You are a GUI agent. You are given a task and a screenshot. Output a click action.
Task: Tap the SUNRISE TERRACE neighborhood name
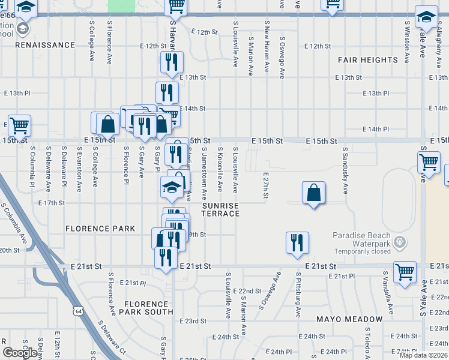220,209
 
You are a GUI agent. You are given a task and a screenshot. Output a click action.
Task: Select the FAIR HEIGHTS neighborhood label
367,60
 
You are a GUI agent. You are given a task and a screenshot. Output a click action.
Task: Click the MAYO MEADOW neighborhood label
349,319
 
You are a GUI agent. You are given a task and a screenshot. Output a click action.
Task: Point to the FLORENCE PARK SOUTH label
146,308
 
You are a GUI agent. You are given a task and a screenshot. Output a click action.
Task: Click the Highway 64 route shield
77,310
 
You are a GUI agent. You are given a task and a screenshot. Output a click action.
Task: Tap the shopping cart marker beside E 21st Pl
405,272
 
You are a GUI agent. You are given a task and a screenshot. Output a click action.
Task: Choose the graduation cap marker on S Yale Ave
426,18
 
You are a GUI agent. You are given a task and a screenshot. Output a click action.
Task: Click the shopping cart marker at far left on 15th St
19,127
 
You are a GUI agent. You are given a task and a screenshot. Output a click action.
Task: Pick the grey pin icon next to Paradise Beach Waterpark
401,242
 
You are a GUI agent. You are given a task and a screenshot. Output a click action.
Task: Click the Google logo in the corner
20,353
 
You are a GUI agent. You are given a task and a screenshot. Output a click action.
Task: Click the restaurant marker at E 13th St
172,62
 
